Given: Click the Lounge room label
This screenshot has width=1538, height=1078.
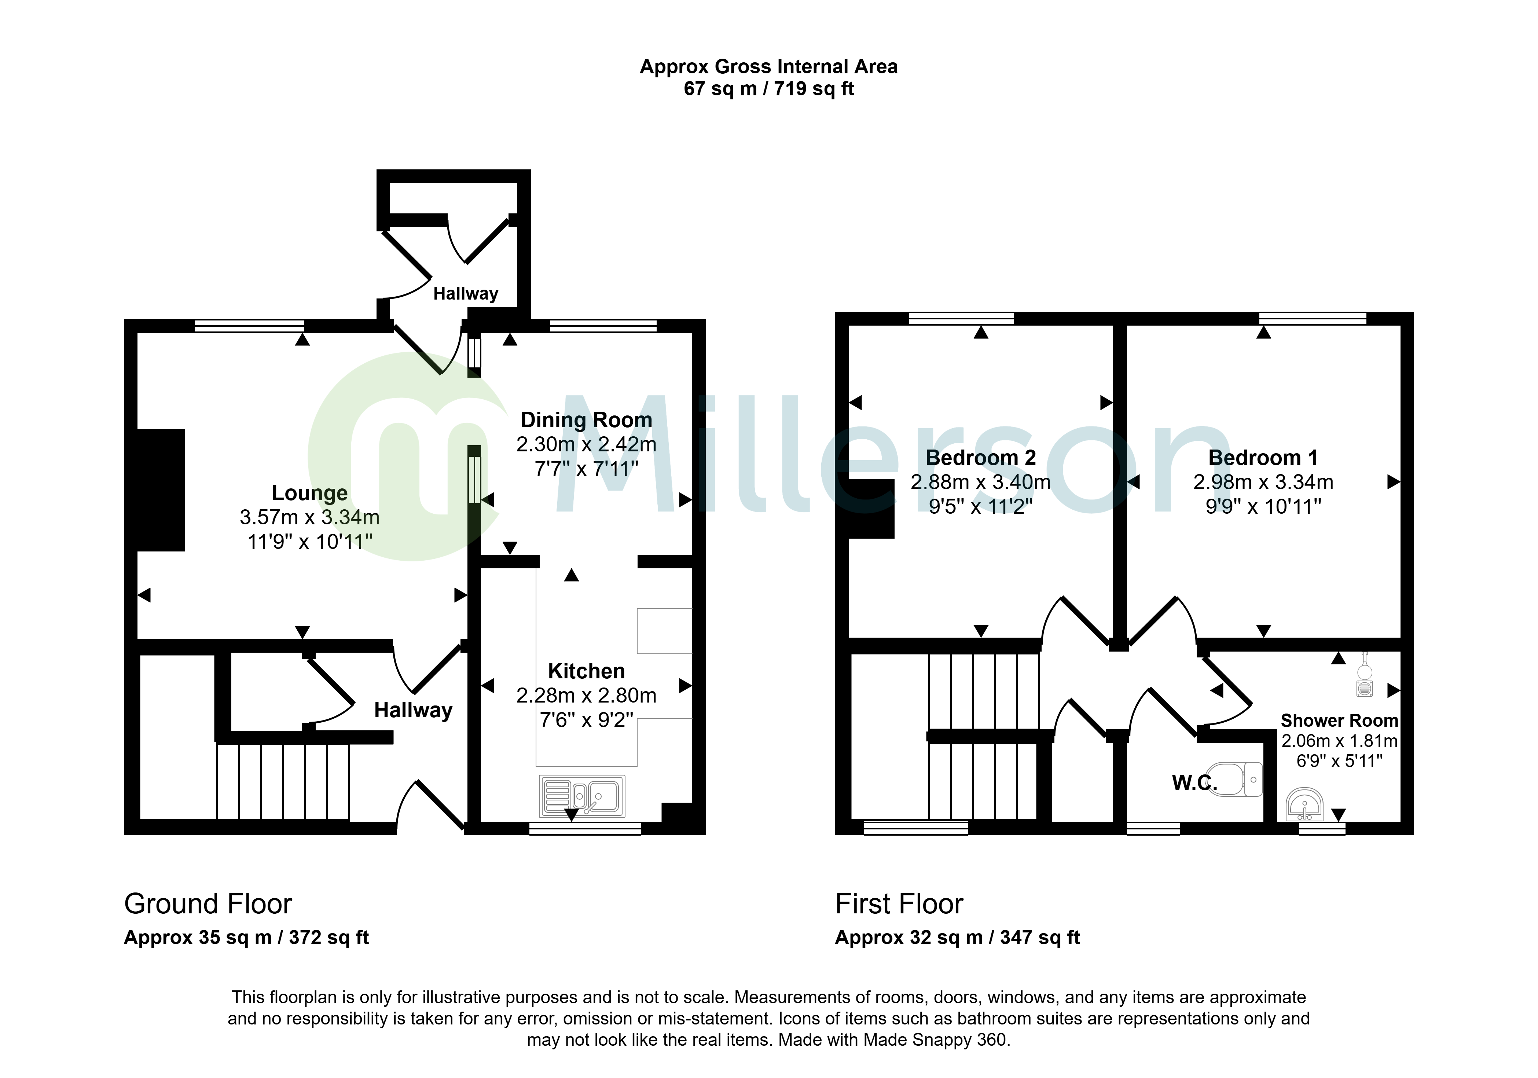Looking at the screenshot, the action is pos(309,493).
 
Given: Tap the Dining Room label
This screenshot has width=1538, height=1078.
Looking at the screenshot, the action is pos(586,420).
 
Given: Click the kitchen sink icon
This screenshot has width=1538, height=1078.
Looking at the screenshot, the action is pos(582,796).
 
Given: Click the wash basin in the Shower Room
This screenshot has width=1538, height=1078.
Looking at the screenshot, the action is pos(1304,804).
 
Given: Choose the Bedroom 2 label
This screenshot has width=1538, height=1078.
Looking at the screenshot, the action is pos(981,458).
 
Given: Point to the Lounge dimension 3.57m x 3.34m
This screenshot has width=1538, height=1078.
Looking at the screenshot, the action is pos(309,517).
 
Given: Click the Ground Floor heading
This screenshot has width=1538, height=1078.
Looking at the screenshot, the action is pos(208,905).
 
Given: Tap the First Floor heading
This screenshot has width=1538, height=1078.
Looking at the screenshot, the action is pos(899,905).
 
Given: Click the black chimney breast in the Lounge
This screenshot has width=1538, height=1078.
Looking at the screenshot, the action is pos(161,490).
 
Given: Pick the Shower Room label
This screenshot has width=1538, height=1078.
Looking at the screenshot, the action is pos(1339,721).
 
